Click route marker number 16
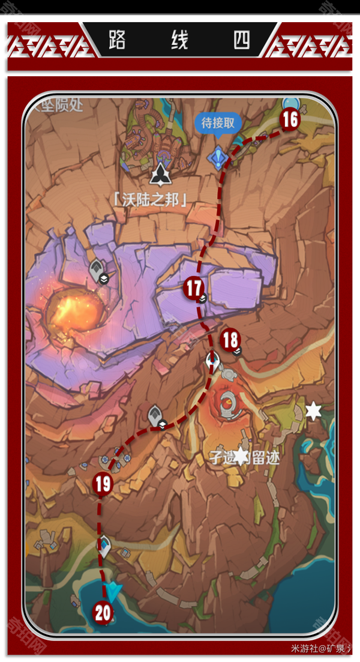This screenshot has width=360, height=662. click(290, 119)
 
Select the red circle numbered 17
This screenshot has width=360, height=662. click(193, 288)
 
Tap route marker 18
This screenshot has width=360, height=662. click(230, 340)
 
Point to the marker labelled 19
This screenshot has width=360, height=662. click(103, 484)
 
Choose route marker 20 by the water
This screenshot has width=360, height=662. click(103, 613)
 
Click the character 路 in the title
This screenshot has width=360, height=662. click(118, 40)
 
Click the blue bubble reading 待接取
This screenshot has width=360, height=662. click(217, 124)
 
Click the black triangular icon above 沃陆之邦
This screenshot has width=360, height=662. click(161, 174)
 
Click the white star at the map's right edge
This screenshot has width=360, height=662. click(313, 411)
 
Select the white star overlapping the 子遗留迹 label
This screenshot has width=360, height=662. click(241, 456)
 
